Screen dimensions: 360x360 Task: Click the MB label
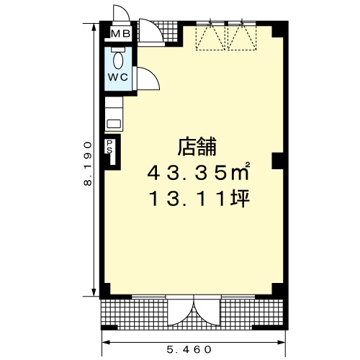120,34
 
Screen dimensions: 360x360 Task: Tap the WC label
118,77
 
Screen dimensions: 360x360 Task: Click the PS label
109,147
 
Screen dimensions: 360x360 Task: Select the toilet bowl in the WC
118,60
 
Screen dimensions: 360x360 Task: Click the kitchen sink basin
114,124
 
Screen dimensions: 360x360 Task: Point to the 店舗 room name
197,146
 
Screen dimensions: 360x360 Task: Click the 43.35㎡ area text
199,172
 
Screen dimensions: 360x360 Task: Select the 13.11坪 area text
199,199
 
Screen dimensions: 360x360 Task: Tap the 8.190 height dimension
88,163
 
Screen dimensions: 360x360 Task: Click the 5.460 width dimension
189,349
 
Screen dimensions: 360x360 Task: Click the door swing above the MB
122,12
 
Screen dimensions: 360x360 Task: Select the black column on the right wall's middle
278,161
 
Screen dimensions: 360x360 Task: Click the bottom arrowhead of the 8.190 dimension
94,292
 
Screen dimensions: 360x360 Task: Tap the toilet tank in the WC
118,50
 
